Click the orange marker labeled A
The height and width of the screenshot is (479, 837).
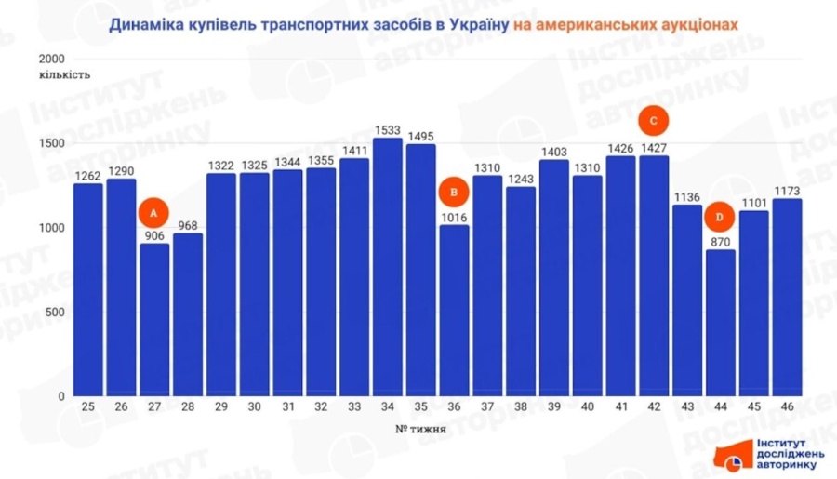point(153,213)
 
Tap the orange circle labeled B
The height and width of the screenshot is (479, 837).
point(454,193)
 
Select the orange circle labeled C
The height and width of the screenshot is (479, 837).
point(655,121)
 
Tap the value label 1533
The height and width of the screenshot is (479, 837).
point(388,130)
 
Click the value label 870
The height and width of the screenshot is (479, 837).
point(721,241)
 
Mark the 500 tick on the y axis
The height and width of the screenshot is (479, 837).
point(55,312)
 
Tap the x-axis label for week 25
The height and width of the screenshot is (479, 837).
point(87,407)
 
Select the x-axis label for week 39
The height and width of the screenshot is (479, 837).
point(553,407)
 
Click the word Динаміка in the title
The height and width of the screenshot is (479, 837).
point(144,26)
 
